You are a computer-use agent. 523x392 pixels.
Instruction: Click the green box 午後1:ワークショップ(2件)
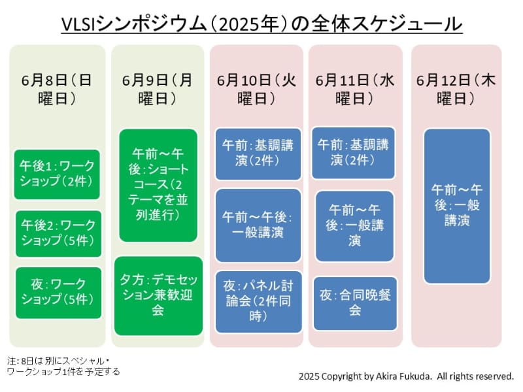[58, 174]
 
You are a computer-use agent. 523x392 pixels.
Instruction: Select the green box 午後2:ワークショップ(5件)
[58, 233]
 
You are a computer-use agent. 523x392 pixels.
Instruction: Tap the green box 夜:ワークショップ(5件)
[58, 292]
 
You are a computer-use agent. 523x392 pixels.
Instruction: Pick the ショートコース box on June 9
[158, 185]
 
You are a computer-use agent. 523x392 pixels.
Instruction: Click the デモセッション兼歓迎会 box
[158, 295]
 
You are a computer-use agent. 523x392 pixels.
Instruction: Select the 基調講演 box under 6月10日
[257, 153]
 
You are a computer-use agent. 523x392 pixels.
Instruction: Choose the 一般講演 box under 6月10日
[257, 225]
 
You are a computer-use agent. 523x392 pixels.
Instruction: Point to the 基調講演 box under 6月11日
[354, 152]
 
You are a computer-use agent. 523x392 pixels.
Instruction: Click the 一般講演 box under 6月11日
[355, 225]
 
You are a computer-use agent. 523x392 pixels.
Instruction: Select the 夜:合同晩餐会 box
[355, 303]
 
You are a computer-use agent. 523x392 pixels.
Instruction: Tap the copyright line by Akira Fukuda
[406, 376]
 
